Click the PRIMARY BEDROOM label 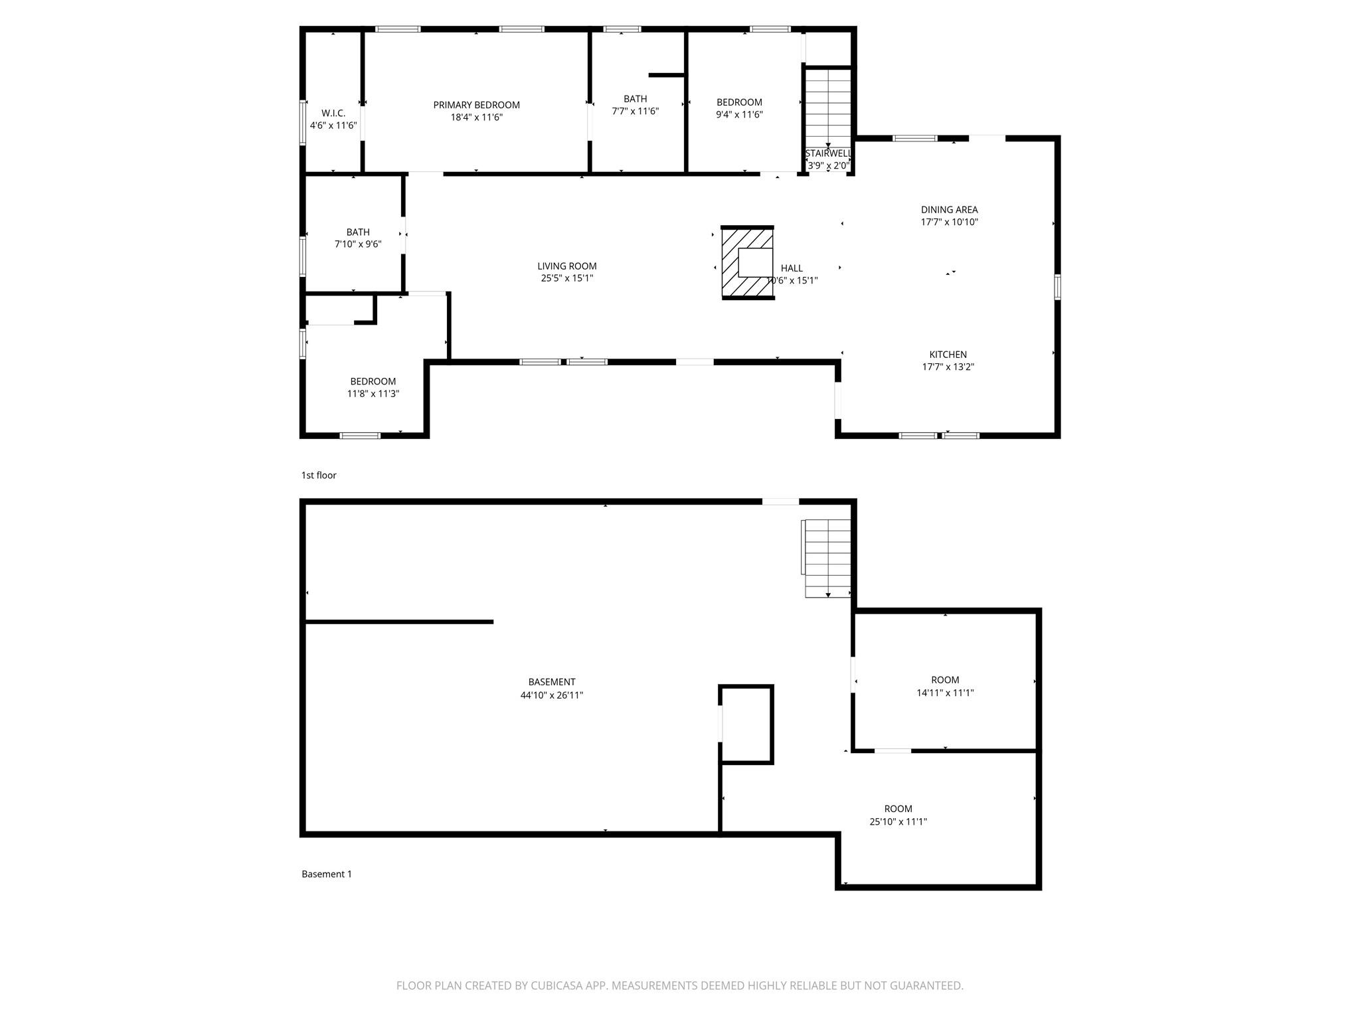[x=476, y=105]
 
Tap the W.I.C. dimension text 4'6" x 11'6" [x=333, y=126]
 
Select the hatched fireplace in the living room [x=748, y=263]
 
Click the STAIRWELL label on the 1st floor [x=828, y=153]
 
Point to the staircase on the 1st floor [x=828, y=106]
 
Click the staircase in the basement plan [x=827, y=558]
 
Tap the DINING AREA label [x=949, y=210]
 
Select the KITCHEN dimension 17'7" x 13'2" [x=948, y=367]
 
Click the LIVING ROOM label [x=566, y=266]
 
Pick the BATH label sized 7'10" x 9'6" [x=358, y=232]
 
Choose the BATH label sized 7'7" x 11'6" [x=635, y=99]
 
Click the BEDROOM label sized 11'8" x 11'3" [x=373, y=381]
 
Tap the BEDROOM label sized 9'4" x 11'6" [x=739, y=102]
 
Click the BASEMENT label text [x=551, y=682]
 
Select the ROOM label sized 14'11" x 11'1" [x=944, y=680]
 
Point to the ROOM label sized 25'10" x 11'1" [x=898, y=809]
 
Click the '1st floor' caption [x=319, y=475]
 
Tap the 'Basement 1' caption [x=327, y=874]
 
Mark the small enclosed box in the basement [x=747, y=724]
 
